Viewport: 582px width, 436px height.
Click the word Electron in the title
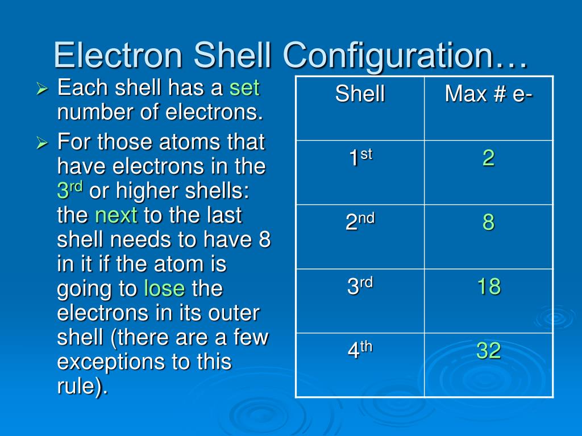point(119,56)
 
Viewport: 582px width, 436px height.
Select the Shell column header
point(360,94)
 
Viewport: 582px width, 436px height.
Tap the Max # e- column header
point(488,94)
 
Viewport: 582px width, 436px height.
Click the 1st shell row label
point(360,158)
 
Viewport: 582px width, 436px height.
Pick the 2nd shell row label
point(360,222)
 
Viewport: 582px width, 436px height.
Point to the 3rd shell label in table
point(360,286)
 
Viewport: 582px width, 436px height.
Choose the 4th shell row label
point(360,351)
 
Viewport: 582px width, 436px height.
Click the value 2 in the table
point(488,158)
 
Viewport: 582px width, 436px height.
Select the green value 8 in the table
point(488,223)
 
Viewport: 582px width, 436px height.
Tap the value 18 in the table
point(488,287)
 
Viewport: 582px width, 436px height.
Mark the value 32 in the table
point(488,351)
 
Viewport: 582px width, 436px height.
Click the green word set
point(244,88)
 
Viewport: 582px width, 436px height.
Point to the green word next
point(116,216)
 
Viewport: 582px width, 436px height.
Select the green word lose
point(164,289)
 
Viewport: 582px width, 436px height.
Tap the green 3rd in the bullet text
point(70,191)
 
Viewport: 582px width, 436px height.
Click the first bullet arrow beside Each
point(41,89)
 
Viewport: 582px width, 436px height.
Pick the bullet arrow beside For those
point(41,143)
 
